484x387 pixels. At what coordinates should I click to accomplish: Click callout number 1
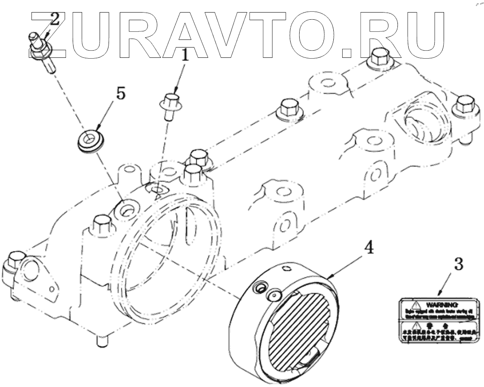point(185,57)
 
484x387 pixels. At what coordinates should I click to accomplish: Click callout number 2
point(54,19)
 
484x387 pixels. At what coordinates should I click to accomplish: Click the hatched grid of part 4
point(301,327)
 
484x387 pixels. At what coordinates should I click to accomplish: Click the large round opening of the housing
point(173,251)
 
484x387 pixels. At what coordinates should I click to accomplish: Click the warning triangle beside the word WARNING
point(415,304)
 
